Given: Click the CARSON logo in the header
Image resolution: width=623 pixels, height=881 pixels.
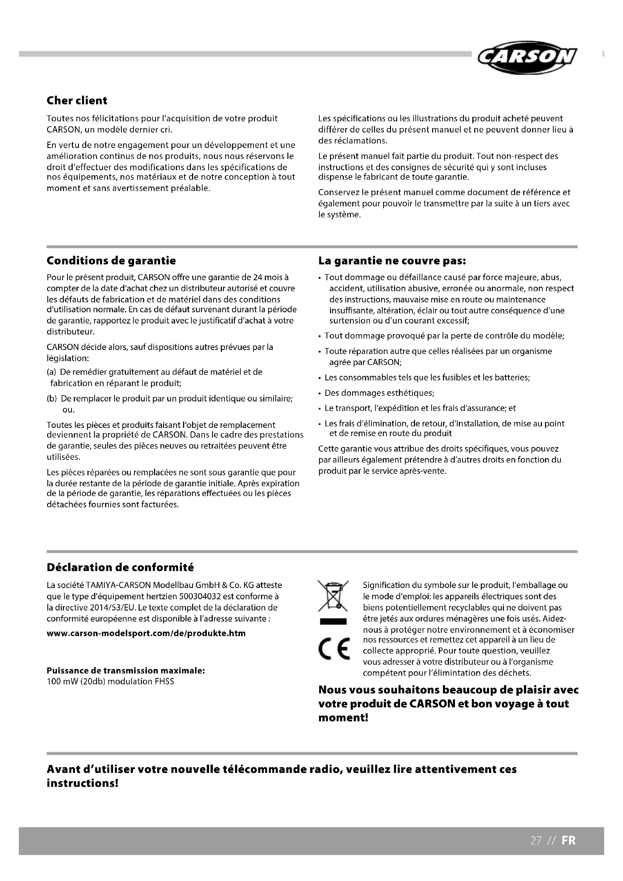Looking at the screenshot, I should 527,57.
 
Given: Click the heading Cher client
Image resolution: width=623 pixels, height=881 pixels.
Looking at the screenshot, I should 77,101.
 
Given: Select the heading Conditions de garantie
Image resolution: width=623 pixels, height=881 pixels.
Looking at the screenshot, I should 111,261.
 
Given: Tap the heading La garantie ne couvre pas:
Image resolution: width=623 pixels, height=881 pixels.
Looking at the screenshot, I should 392,261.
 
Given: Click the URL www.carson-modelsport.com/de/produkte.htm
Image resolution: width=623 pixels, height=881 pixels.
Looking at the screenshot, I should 146,633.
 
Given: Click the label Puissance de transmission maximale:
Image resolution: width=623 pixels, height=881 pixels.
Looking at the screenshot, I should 126,670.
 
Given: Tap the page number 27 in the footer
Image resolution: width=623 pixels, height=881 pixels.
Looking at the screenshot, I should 536,840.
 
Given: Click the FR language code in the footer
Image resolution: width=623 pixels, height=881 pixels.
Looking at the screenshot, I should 568,840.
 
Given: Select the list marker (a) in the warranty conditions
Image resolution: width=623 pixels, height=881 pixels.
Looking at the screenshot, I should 51,372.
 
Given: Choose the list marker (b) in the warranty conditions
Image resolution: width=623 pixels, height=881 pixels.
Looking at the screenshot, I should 51,399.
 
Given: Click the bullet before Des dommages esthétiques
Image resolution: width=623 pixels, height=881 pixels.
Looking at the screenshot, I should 319,393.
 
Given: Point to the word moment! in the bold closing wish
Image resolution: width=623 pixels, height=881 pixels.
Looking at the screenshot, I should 344,718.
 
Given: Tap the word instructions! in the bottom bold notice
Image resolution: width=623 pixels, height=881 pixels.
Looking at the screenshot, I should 82,783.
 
